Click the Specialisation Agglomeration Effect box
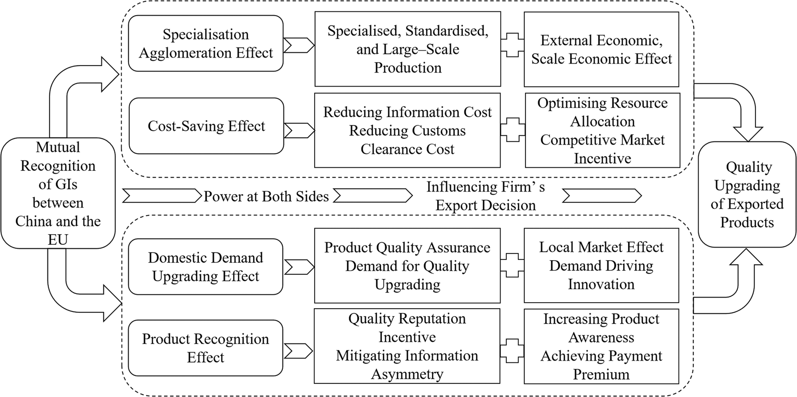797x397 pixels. (205, 44)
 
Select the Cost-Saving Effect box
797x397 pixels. (206, 126)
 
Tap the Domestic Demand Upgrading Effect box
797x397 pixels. (205, 267)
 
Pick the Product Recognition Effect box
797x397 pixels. (205, 348)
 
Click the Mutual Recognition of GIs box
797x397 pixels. (58, 193)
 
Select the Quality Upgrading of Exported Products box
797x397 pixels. (747, 195)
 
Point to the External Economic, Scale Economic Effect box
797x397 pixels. (601, 49)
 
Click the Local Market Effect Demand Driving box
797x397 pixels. (601, 265)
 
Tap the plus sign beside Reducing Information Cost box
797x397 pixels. (512, 130)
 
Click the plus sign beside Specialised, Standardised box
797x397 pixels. (512, 45)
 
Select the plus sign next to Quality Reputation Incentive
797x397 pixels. (512, 351)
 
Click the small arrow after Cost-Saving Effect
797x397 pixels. (299, 130)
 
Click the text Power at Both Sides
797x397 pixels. (266, 196)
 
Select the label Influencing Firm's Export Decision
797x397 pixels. (485, 196)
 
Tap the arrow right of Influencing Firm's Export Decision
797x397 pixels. (602, 196)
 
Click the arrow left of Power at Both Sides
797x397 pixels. (162, 196)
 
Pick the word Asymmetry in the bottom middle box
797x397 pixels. (407, 374)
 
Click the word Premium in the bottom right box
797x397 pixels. (601, 374)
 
